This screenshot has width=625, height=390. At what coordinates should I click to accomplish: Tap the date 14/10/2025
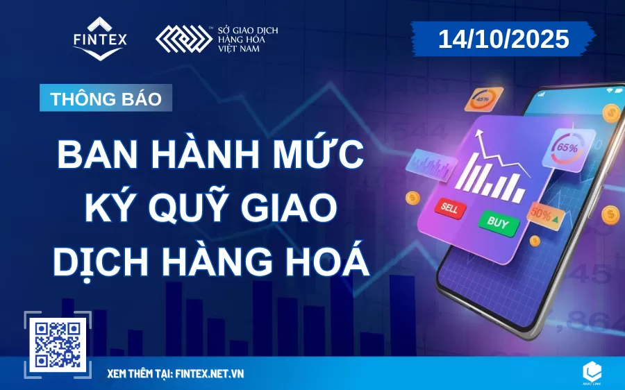(503, 39)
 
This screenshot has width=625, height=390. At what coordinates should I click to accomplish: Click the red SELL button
(448, 206)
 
